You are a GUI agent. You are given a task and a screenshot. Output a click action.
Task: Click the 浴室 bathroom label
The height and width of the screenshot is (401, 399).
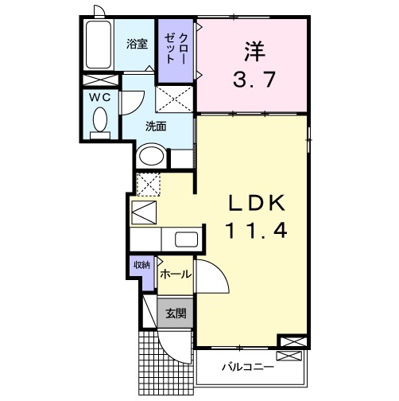(x=137, y=45)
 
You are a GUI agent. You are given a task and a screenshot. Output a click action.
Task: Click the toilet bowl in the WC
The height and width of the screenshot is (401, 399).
(x=100, y=120)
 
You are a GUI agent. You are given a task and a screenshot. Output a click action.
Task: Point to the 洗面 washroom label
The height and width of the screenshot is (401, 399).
(x=155, y=127)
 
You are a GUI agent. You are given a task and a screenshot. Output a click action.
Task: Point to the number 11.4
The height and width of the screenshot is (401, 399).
(x=254, y=232)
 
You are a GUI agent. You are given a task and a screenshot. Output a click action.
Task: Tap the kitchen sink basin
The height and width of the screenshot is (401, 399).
(x=186, y=239)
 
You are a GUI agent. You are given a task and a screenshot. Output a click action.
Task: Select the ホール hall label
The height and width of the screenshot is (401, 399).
(x=175, y=274)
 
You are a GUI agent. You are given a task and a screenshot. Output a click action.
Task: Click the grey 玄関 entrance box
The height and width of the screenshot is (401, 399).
(x=175, y=313)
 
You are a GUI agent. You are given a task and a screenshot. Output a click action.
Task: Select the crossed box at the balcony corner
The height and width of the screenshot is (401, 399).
(x=292, y=342)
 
